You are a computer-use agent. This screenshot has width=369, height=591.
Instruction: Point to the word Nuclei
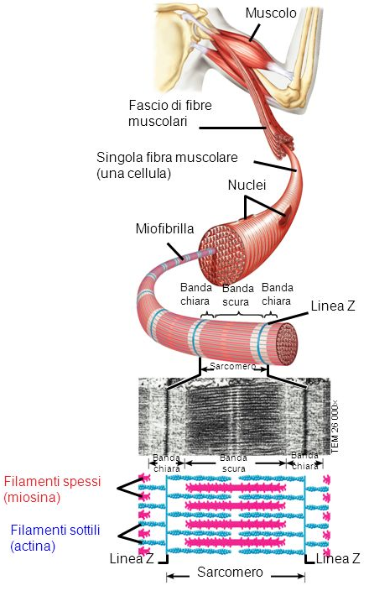coord(246,185)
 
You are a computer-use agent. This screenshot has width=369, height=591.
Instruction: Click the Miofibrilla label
coord(164,228)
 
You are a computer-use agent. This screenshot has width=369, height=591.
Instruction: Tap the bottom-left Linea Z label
coord(133,558)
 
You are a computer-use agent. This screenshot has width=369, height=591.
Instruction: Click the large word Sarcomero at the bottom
coord(235,573)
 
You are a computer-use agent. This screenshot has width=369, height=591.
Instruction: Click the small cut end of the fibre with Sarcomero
coord(287,341)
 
